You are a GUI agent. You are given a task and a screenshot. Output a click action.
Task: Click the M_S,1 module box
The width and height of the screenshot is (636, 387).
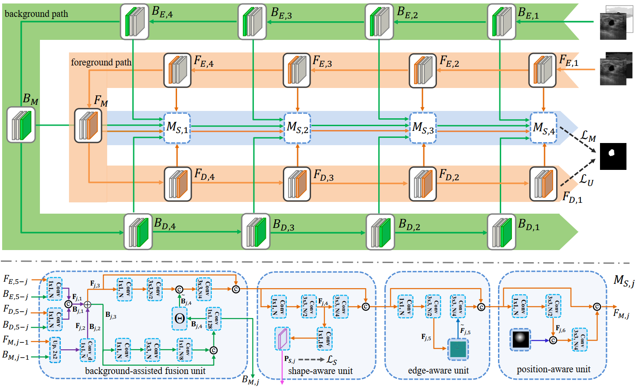tap(177, 128)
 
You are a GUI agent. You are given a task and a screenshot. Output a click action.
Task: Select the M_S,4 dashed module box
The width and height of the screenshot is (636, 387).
tap(544, 128)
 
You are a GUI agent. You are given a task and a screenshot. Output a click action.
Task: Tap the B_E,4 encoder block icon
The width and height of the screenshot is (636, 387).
tap(134, 22)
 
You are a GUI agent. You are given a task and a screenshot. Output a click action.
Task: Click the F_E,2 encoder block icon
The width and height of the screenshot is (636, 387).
tap(423, 71)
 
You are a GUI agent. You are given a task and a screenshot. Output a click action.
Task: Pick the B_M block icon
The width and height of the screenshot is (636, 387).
tap(21, 125)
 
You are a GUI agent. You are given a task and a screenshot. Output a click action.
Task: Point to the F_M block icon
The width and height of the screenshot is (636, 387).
tap(88, 126)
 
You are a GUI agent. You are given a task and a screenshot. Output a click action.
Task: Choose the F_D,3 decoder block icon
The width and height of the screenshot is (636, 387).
tap(297, 184)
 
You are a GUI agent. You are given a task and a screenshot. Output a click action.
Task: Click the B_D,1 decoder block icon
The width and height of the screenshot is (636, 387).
tap(502, 232)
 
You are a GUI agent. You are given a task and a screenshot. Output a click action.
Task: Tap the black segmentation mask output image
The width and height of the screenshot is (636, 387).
tap(613, 156)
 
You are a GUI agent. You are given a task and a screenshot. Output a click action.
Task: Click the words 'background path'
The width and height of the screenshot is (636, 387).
tap(36, 14)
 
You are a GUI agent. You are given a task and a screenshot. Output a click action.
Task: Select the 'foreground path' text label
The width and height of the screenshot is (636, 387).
tap(101, 62)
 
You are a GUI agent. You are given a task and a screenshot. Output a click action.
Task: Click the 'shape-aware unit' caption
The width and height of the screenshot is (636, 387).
tap(320, 371)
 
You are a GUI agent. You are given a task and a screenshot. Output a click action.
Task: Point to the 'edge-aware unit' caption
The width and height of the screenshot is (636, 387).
tap(438, 371)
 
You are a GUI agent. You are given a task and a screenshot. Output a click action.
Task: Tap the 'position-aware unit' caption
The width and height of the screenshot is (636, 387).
tap(554, 369)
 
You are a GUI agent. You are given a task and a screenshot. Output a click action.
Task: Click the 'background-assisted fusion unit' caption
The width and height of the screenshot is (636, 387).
tap(145, 371)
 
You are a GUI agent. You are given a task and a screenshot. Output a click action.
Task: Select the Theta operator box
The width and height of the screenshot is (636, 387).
tap(180, 318)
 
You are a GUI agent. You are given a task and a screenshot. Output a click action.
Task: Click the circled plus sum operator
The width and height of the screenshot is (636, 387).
tap(88, 304)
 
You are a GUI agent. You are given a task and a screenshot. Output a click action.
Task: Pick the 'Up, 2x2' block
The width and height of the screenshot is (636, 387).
tap(55, 349)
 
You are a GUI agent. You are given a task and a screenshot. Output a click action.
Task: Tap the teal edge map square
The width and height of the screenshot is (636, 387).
tap(458, 349)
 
